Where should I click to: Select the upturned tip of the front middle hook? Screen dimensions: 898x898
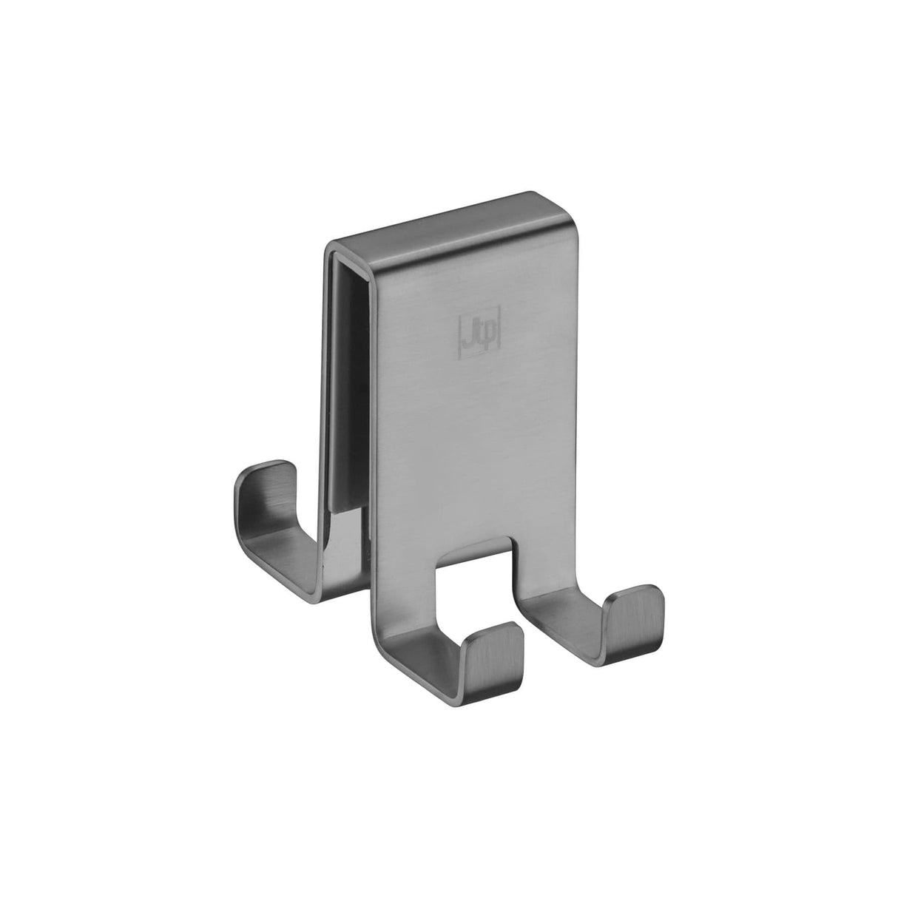point(500,638)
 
